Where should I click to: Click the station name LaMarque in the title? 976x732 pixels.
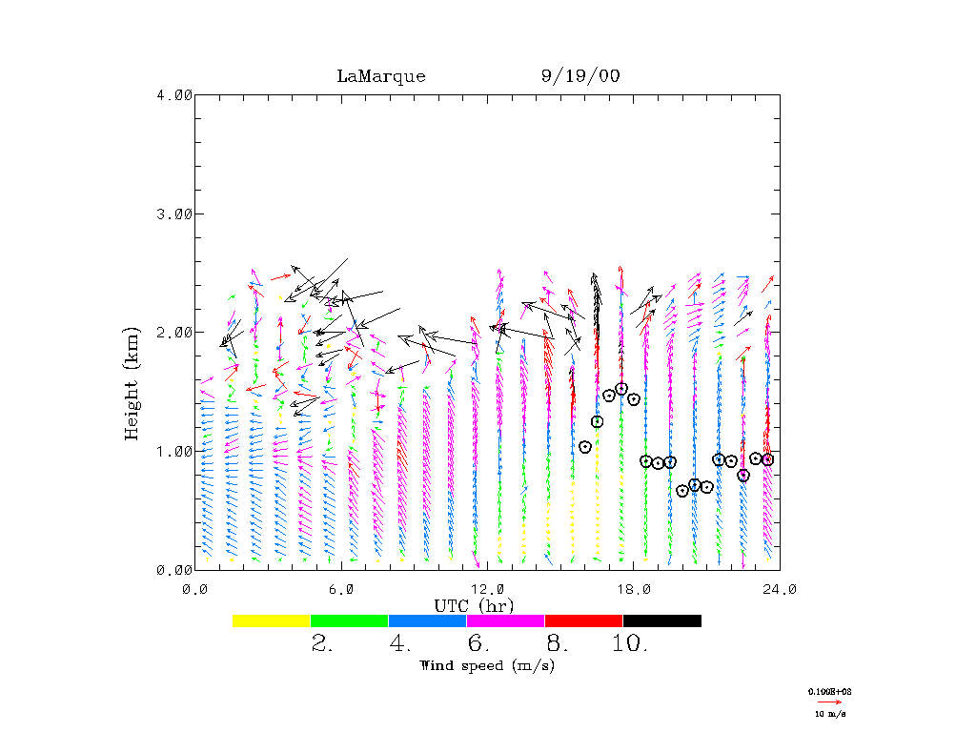(x=380, y=76)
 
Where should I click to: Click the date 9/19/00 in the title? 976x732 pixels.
(x=579, y=76)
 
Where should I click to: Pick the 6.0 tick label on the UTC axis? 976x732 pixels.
(x=341, y=588)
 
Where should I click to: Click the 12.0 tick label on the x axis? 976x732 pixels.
(x=487, y=588)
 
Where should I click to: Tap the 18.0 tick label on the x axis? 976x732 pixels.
(x=634, y=588)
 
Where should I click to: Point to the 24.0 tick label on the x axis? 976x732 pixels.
(x=780, y=588)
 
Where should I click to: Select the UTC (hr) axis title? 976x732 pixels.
(x=474, y=605)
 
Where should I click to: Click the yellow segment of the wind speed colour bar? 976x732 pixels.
(x=272, y=620)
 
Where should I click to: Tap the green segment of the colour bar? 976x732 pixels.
(x=350, y=620)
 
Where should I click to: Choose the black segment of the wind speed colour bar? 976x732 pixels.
(x=662, y=620)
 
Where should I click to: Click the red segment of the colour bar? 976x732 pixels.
(x=583, y=620)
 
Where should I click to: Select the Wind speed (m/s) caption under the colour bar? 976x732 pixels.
(x=486, y=665)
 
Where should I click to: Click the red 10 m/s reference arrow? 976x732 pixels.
(x=829, y=701)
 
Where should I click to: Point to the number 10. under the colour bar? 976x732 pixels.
(x=630, y=644)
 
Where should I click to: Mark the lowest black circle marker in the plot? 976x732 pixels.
(x=682, y=491)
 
